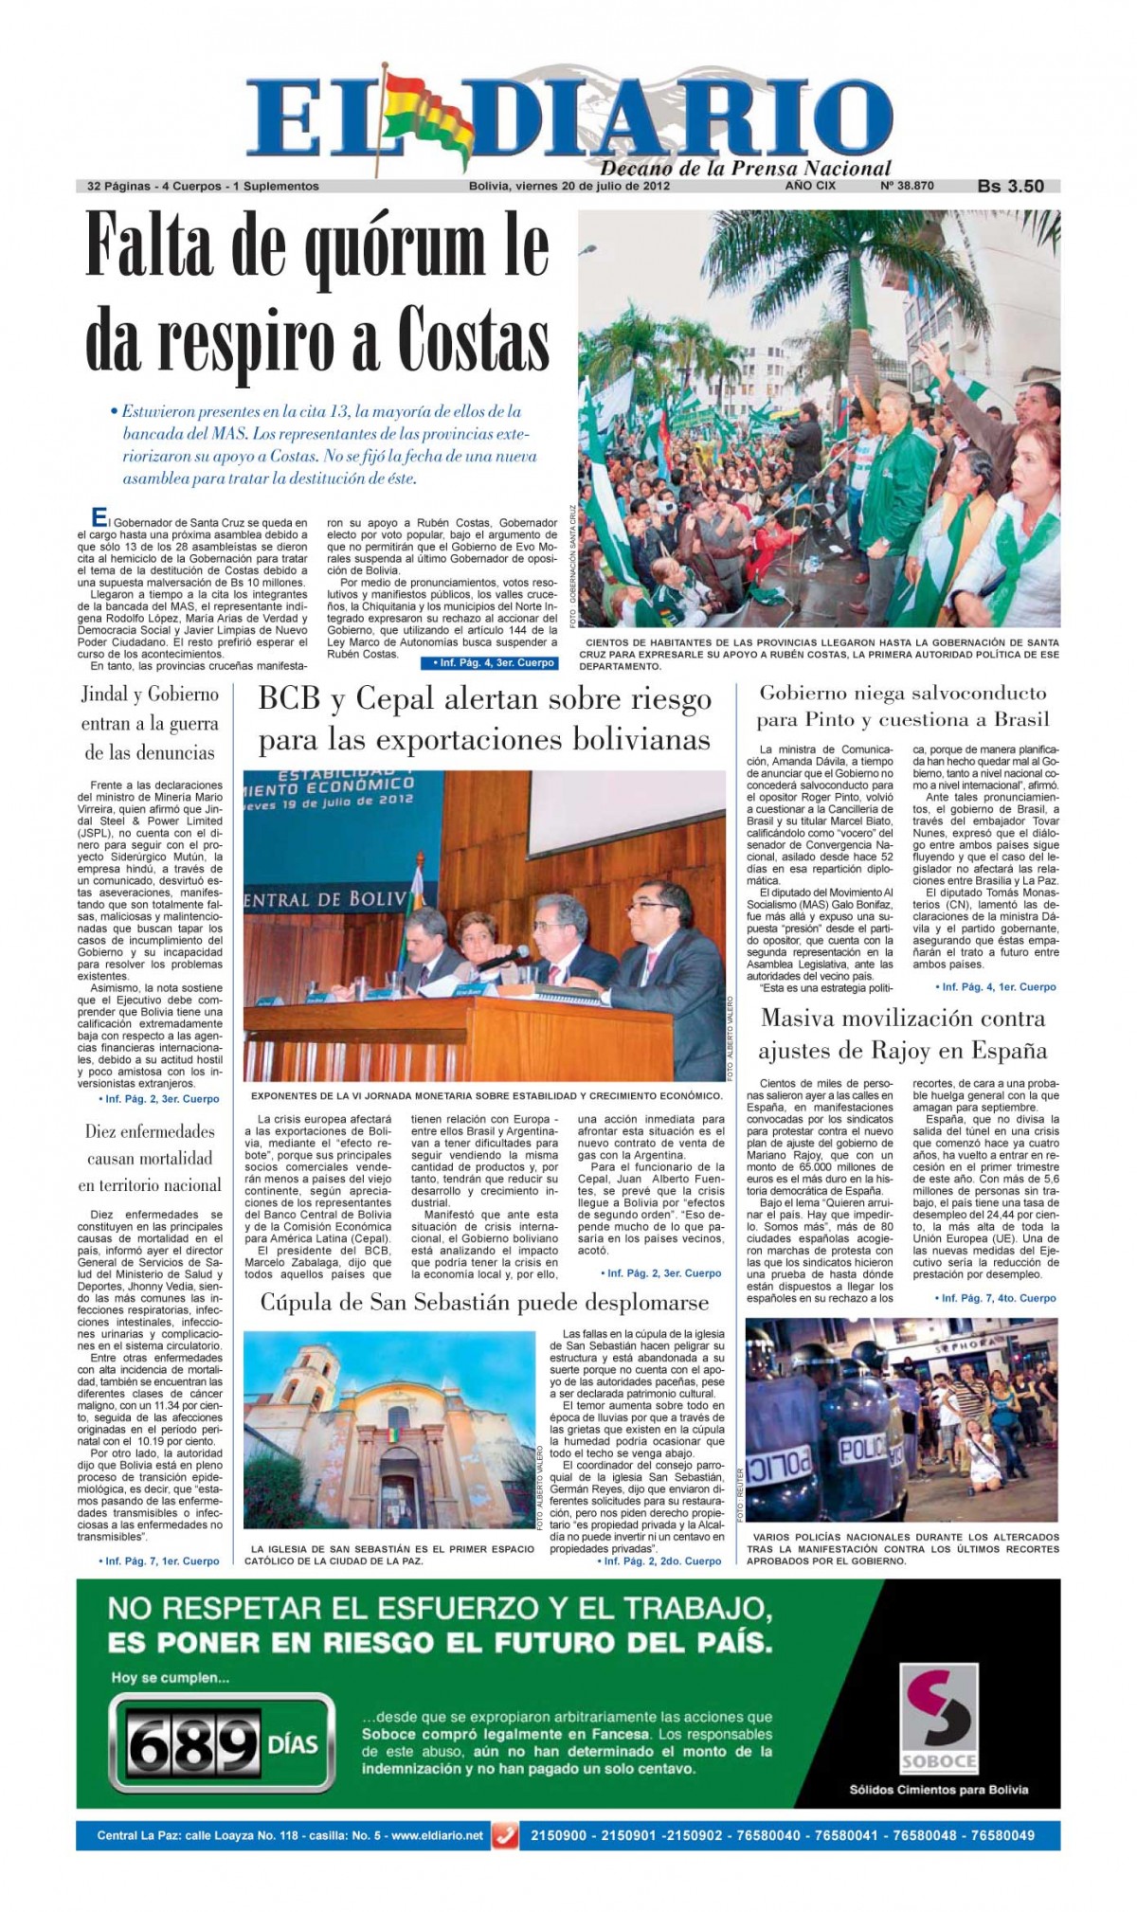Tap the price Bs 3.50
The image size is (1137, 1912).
click(1010, 187)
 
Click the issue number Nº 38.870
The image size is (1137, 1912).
click(907, 186)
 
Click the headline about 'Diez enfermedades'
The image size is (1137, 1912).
click(150, 1158)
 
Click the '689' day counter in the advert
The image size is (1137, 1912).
click(194, 1744)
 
